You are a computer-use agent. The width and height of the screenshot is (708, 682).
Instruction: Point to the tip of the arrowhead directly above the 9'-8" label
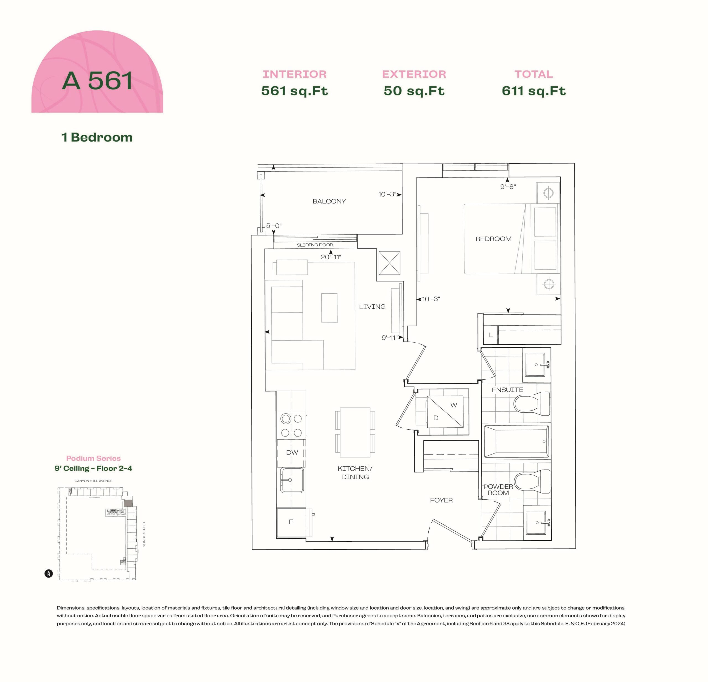tap(507, 178)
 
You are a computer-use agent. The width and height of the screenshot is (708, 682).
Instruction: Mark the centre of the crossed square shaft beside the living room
tap(389, 263)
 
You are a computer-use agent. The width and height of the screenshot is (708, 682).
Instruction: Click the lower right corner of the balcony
tap(402, 234)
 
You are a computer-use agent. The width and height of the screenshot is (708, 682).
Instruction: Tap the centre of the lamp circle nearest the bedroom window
tap(549, 192)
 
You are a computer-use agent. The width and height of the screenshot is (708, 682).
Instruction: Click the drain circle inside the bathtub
tap(544, 441)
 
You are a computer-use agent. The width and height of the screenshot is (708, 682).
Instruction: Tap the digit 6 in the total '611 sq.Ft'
tap(506, 91)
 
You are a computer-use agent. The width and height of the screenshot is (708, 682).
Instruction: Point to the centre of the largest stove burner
tap(286, 419)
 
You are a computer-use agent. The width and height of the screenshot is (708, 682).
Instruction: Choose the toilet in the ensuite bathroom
tap(531, 403)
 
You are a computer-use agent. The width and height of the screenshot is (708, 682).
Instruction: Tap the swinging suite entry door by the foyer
tap(452, 530)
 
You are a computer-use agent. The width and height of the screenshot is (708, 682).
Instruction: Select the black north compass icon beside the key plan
tap(49, 573)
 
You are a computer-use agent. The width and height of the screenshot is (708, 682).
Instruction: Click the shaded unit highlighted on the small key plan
tap(128, 503)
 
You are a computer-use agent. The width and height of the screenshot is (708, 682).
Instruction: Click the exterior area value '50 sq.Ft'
tap(414, 91)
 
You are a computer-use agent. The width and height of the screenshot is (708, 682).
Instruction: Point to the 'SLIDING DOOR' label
tap(315, 245)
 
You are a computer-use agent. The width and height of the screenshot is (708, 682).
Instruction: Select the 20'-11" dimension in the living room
tap(331, 257)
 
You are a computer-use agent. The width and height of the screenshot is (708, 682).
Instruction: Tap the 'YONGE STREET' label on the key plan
tap(144, 534)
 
